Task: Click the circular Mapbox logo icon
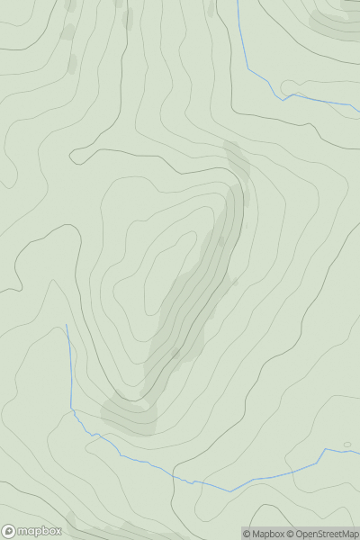tap(9, 531)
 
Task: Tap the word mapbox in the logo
tap(40, 531)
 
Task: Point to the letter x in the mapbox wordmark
tap(57, 531)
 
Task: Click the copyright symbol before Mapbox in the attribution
tap(247, 534)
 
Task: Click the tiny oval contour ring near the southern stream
tap(347, 444)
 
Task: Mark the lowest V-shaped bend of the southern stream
tap(229, 491)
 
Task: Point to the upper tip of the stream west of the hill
tap(67, 325)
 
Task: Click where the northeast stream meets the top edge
tap(238, 2)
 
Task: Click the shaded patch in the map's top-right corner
tap(335, 22)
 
